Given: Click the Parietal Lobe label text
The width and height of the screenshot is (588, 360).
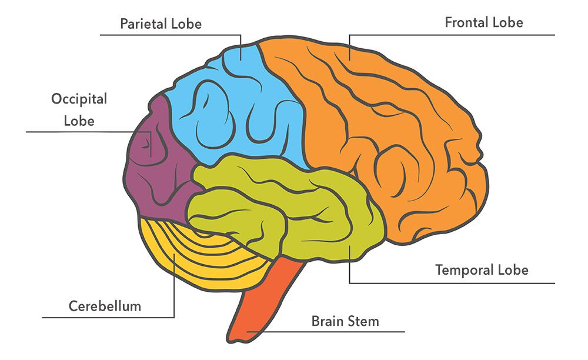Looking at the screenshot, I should pos(161,24).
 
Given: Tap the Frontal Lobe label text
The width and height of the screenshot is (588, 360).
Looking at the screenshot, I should pos(483,23).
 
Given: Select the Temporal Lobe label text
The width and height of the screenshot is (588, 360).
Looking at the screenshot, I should pos(482,270).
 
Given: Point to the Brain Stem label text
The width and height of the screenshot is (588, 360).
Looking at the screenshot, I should pos(345,321).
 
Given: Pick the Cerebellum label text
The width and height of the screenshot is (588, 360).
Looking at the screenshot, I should pos(105,306).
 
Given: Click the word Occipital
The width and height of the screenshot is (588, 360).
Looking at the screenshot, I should pos(79,99).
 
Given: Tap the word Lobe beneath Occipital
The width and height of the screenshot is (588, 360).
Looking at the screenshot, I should pos(79,121).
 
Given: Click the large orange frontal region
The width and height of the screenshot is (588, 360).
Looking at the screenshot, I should pos(400,135).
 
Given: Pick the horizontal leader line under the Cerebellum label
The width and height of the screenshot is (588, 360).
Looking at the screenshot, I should pos(106,318).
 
